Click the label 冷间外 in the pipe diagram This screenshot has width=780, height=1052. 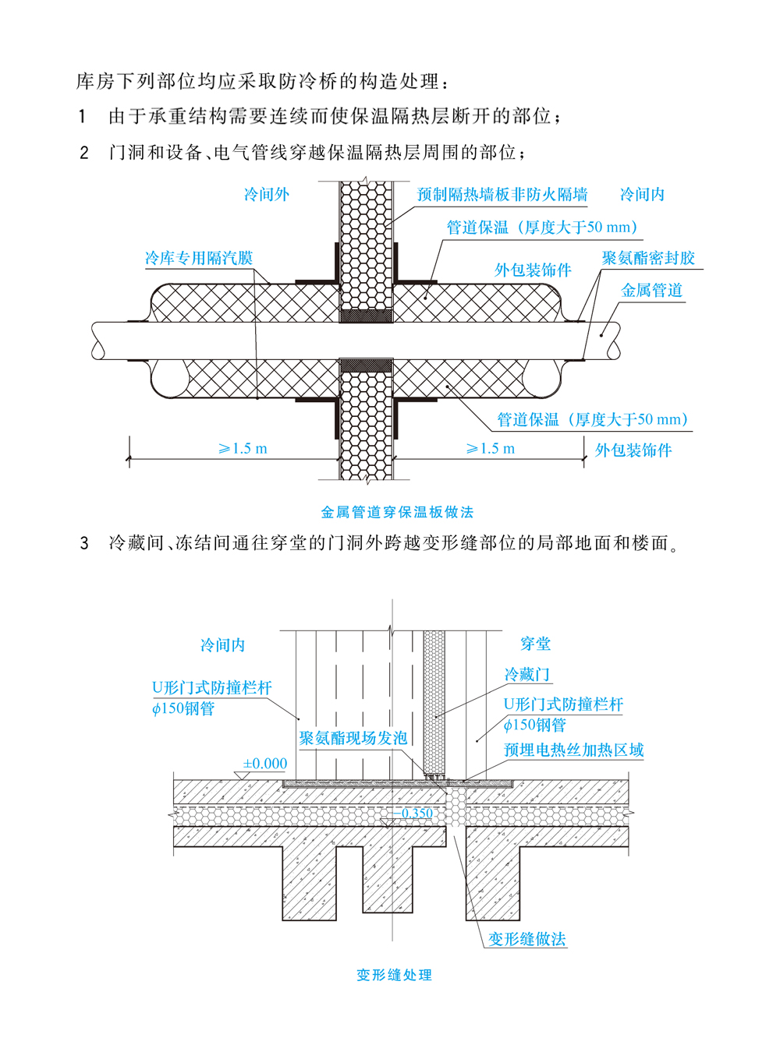click(x=266, y=194)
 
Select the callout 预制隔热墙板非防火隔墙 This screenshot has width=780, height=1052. click(x=502, y=194)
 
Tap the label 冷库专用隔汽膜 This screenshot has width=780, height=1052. click(x=199, y=258)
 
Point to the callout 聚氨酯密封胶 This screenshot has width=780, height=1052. click(x=647, y=258)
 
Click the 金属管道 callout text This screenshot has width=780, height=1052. click(x=651, y=291)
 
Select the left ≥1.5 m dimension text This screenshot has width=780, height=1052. click(x=243, y=449)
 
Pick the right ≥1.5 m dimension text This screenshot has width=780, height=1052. click(x=490, y=449)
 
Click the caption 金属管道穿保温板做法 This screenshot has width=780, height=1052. click(x=397, y=512)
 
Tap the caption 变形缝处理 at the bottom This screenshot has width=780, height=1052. click(x=394, y=975)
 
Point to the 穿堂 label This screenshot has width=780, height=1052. click(x=535, y=644)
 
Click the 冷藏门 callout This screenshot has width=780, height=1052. click(x=527, y=674)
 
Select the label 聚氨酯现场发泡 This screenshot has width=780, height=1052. click(x=353, y=738)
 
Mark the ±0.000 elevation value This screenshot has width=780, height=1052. click(x=264, y=764)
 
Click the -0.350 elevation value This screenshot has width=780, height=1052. click(x=413, y=813)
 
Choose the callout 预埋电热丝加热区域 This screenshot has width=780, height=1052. click(x=573, y=750)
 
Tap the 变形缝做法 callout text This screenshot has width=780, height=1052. click(x=526, y=939)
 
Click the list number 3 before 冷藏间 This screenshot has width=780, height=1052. click(x=84, y=543)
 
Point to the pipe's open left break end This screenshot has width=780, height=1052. click(x=98, y=341)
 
